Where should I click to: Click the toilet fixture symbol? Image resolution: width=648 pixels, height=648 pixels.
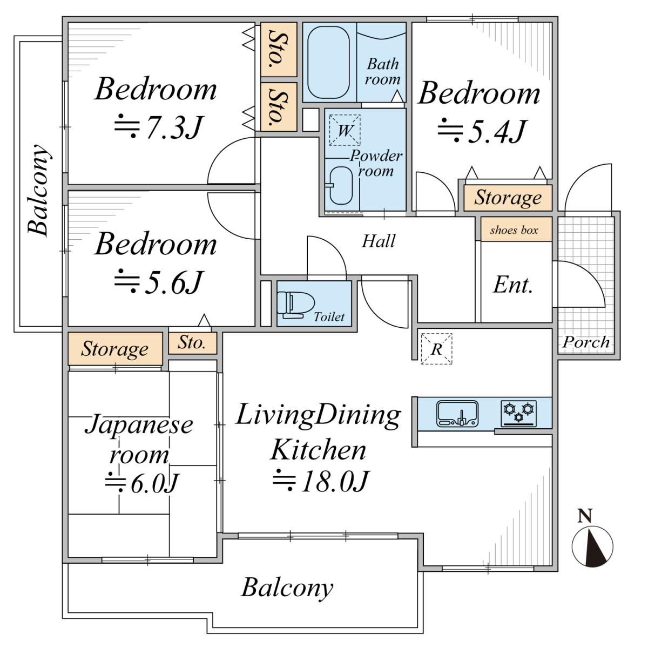coord(295,305)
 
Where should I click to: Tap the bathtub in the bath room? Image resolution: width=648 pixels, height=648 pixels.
coord(328,62)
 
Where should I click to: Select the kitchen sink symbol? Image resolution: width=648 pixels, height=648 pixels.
coord(457,413)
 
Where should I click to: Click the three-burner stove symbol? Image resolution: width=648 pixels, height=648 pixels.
coord(518,413)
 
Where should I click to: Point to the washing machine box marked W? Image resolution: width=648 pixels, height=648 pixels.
coord(345,130)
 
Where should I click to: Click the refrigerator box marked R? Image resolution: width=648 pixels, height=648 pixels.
coord(436,349)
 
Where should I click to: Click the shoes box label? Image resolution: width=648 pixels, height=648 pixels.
coord(514,230)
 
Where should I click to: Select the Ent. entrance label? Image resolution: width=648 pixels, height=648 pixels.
coord(513,285)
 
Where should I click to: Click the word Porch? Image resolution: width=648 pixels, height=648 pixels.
coord(586,342)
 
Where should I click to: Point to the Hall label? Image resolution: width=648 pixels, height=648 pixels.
coord(379,241)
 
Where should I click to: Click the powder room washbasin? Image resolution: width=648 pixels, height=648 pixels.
coord(341,185)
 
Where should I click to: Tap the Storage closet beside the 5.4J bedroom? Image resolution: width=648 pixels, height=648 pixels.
coord(508,198)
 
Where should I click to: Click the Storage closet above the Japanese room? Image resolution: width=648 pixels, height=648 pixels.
coord(115,348)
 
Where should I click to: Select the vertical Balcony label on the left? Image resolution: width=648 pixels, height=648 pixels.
coord(38,190)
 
